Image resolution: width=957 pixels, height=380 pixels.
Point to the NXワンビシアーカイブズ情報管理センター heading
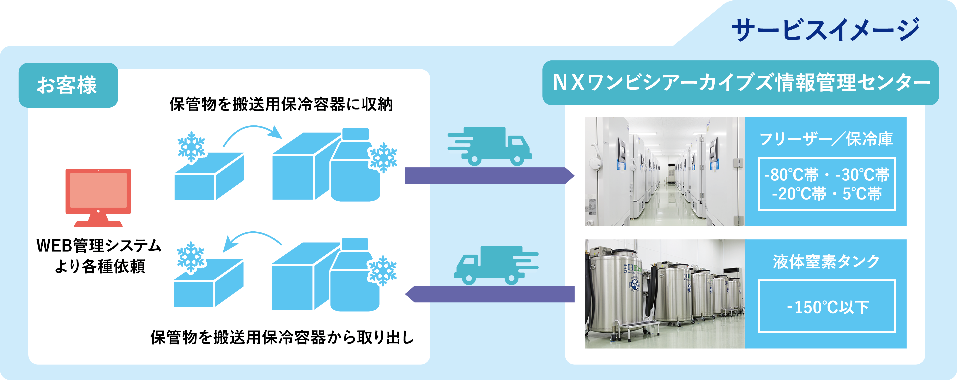(x=741, y=83)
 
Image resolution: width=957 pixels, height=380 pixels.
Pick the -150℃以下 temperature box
(x=827, y=306)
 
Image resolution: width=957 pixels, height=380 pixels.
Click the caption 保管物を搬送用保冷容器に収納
(x=281, y=105)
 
